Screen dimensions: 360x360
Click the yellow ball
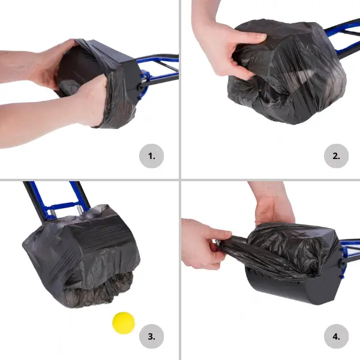pos(124,323)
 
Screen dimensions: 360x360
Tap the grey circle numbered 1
pos(152,156)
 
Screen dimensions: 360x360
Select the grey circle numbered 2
pos(337,156)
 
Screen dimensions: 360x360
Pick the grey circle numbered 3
pos(152,337)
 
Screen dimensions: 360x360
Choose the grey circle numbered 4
pos(337,337)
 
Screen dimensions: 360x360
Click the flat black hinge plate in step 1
pos(131,78)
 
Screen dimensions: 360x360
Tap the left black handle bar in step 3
pos(34,202)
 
